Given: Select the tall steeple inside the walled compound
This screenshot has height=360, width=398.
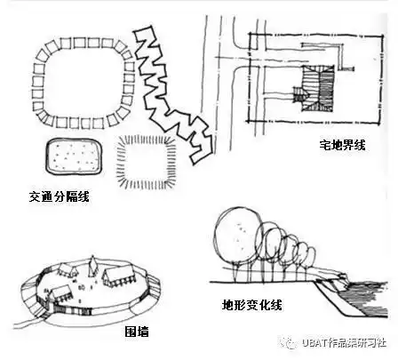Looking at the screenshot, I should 93,266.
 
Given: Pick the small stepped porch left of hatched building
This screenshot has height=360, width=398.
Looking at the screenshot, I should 297,92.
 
